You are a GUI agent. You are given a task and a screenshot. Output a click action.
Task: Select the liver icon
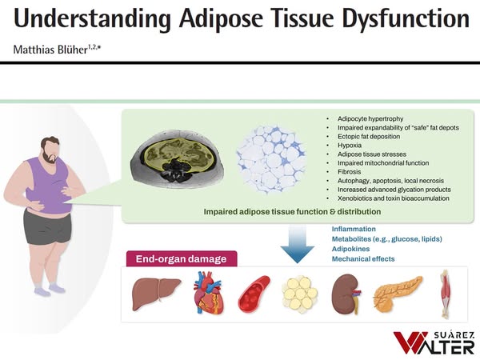point(150,294)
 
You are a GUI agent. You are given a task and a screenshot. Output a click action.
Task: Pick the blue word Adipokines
point(352,249)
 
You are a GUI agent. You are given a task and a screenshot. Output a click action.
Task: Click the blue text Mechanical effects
point(363,259)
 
